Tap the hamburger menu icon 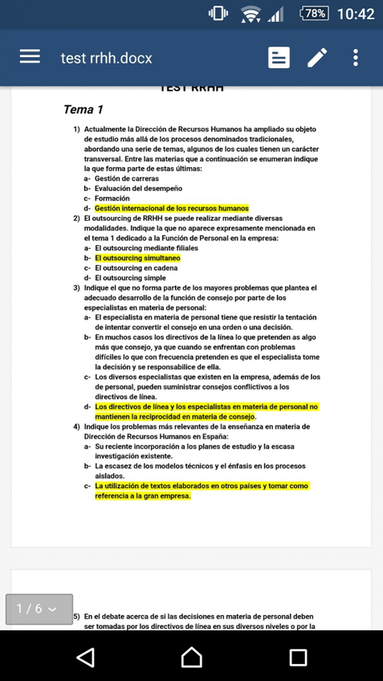tap(30, 58)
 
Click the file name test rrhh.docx tap(106, 58)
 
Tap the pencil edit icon tap(317, 58)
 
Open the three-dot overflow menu tap(356, 58)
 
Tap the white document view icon tap(279, 58)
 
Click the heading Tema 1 tap(84, 109)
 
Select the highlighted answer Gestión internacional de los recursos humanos tap(171, 208)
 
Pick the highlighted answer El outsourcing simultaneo tap(137, 259)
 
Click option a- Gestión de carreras tap(126, 178)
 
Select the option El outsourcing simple tap(130, 278)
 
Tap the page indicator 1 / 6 tap(39, 609)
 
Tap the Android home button tap(191, 656)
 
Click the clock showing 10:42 tap(357, 14)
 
